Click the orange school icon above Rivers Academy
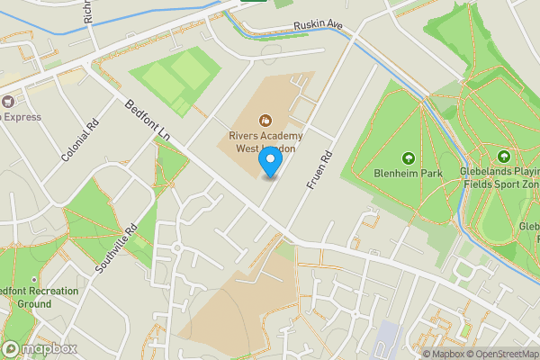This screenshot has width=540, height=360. pos(265,120)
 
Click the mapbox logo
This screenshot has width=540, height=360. pos(38,348)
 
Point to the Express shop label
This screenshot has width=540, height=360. pos(22,117)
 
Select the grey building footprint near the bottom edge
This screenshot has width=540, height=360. pos(388,337)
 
